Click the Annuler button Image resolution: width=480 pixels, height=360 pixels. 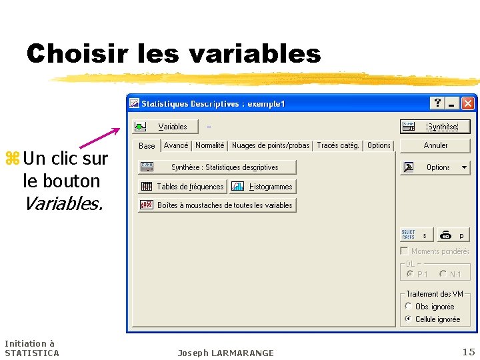click(435, 145)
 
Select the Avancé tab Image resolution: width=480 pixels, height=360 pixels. click(176, 145)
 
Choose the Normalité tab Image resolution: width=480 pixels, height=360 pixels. click(210, 145)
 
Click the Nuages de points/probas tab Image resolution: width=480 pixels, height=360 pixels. click(270, 145)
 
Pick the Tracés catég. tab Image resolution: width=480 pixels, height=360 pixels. click(338, 145)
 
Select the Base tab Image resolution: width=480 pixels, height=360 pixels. click(147, 146)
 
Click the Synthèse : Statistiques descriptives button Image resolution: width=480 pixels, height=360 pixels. click(217, 167)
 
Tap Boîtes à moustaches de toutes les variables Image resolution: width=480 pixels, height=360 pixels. click(217, 205)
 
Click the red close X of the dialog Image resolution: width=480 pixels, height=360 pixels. click(468, 103)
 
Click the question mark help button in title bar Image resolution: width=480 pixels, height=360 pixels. click(437, 103)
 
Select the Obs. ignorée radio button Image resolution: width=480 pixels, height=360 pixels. click(409, 307)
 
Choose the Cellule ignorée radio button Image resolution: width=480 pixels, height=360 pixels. click(409, 319)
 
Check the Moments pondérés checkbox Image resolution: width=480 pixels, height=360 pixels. click(404, 251)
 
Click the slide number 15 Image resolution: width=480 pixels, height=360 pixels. click(469, 351)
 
